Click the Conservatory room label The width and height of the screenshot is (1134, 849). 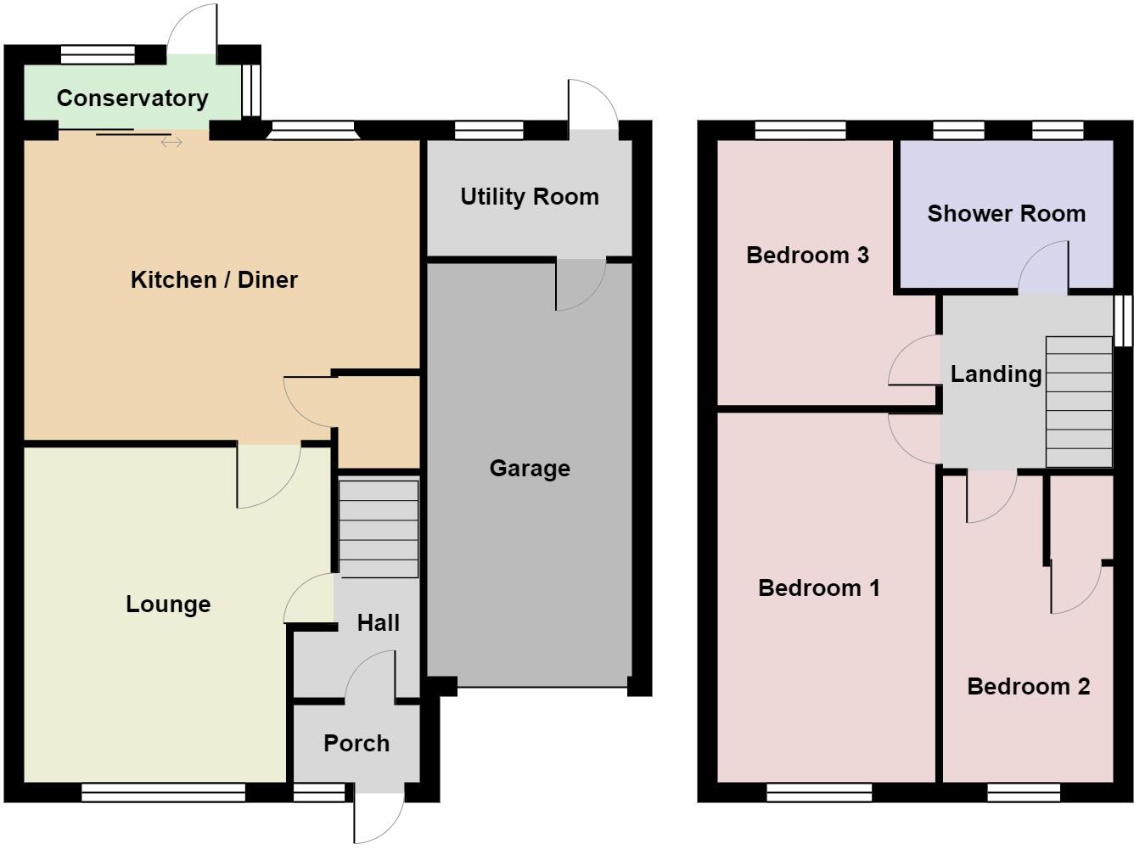pyautogui.click(x=132, y=98)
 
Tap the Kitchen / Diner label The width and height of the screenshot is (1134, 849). pyautogui.click(x=214, y=280)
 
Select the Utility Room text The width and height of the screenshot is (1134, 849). pyautogui.click(x=530, y=197)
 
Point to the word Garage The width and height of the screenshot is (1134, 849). pyautogui.click(x=530, y=469)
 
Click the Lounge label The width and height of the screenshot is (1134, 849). pyautogui.click(x=168, y=604)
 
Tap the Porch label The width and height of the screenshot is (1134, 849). pyautogui.click(x=356, y=744)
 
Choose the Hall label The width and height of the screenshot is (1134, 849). pyautogui.click(x=379, y=622)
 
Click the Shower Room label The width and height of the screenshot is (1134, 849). pyautogui.click(x=1007, y=213)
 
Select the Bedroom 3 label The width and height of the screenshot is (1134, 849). pyautogui.click(x=807, y=256)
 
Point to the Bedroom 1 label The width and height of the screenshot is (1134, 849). pyautogui.click(x=819, y=588)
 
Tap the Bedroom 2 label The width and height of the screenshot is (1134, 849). pyautogui.click(x=1029, y=687)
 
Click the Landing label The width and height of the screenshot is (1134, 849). pyautogui.click(x=996, y=374)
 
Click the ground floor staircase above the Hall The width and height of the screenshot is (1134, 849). pyautogui.click(x=379, y=529)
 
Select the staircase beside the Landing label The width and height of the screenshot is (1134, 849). pyautogui.click(x=1079, y=402)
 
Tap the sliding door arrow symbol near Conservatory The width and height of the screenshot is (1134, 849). pyautogui.click(x=171, y=142)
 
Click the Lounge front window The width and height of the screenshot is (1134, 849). pyautogui.click(x=163, y=792)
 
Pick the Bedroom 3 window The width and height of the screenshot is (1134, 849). pyautogui.click(x=800, y=130)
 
